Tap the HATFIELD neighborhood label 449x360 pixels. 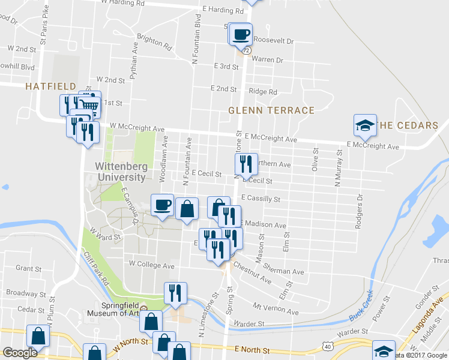(50, 86)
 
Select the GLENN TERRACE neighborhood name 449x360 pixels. (271, 110)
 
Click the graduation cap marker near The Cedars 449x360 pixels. (365, 125)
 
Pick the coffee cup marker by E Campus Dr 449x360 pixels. (162, 206)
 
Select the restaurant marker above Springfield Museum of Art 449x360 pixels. (175, 293)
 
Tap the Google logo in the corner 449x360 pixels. (20, 353)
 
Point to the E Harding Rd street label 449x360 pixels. (223, 10)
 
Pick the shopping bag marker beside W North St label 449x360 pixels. (94, 353)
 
